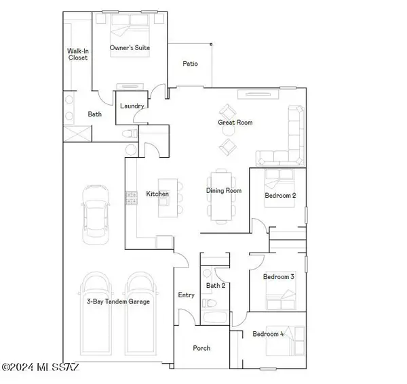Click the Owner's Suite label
[130, 48]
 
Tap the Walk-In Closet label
[78, 54]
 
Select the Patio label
[190, 64]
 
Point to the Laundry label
[131, 106]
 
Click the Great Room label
[235, 123]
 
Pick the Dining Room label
[224, 191]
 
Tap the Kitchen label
[157, 194]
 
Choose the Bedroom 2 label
[280, 196]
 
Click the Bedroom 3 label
[278, 277]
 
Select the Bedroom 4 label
[268, 334]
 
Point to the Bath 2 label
[215, 286]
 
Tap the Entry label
[186, 295]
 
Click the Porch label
[201, 348]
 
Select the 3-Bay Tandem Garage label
[118, 301]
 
